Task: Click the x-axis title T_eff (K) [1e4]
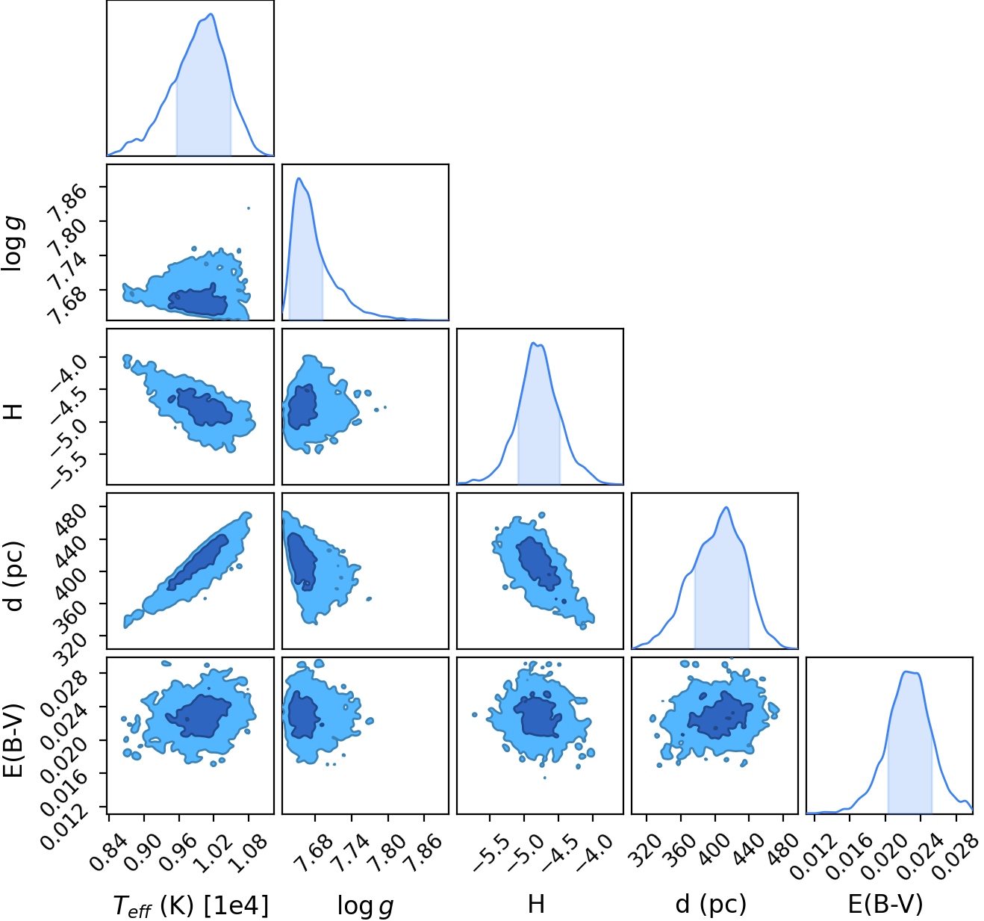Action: [191, 905]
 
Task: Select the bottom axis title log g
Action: [365, 906]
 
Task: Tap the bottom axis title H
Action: [536, 904]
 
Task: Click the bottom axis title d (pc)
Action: [711, 905]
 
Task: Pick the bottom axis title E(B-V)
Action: [885, 904]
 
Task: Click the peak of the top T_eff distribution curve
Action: [211, 14]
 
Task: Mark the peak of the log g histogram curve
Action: [299, 178]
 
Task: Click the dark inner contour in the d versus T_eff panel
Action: [198, 562]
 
